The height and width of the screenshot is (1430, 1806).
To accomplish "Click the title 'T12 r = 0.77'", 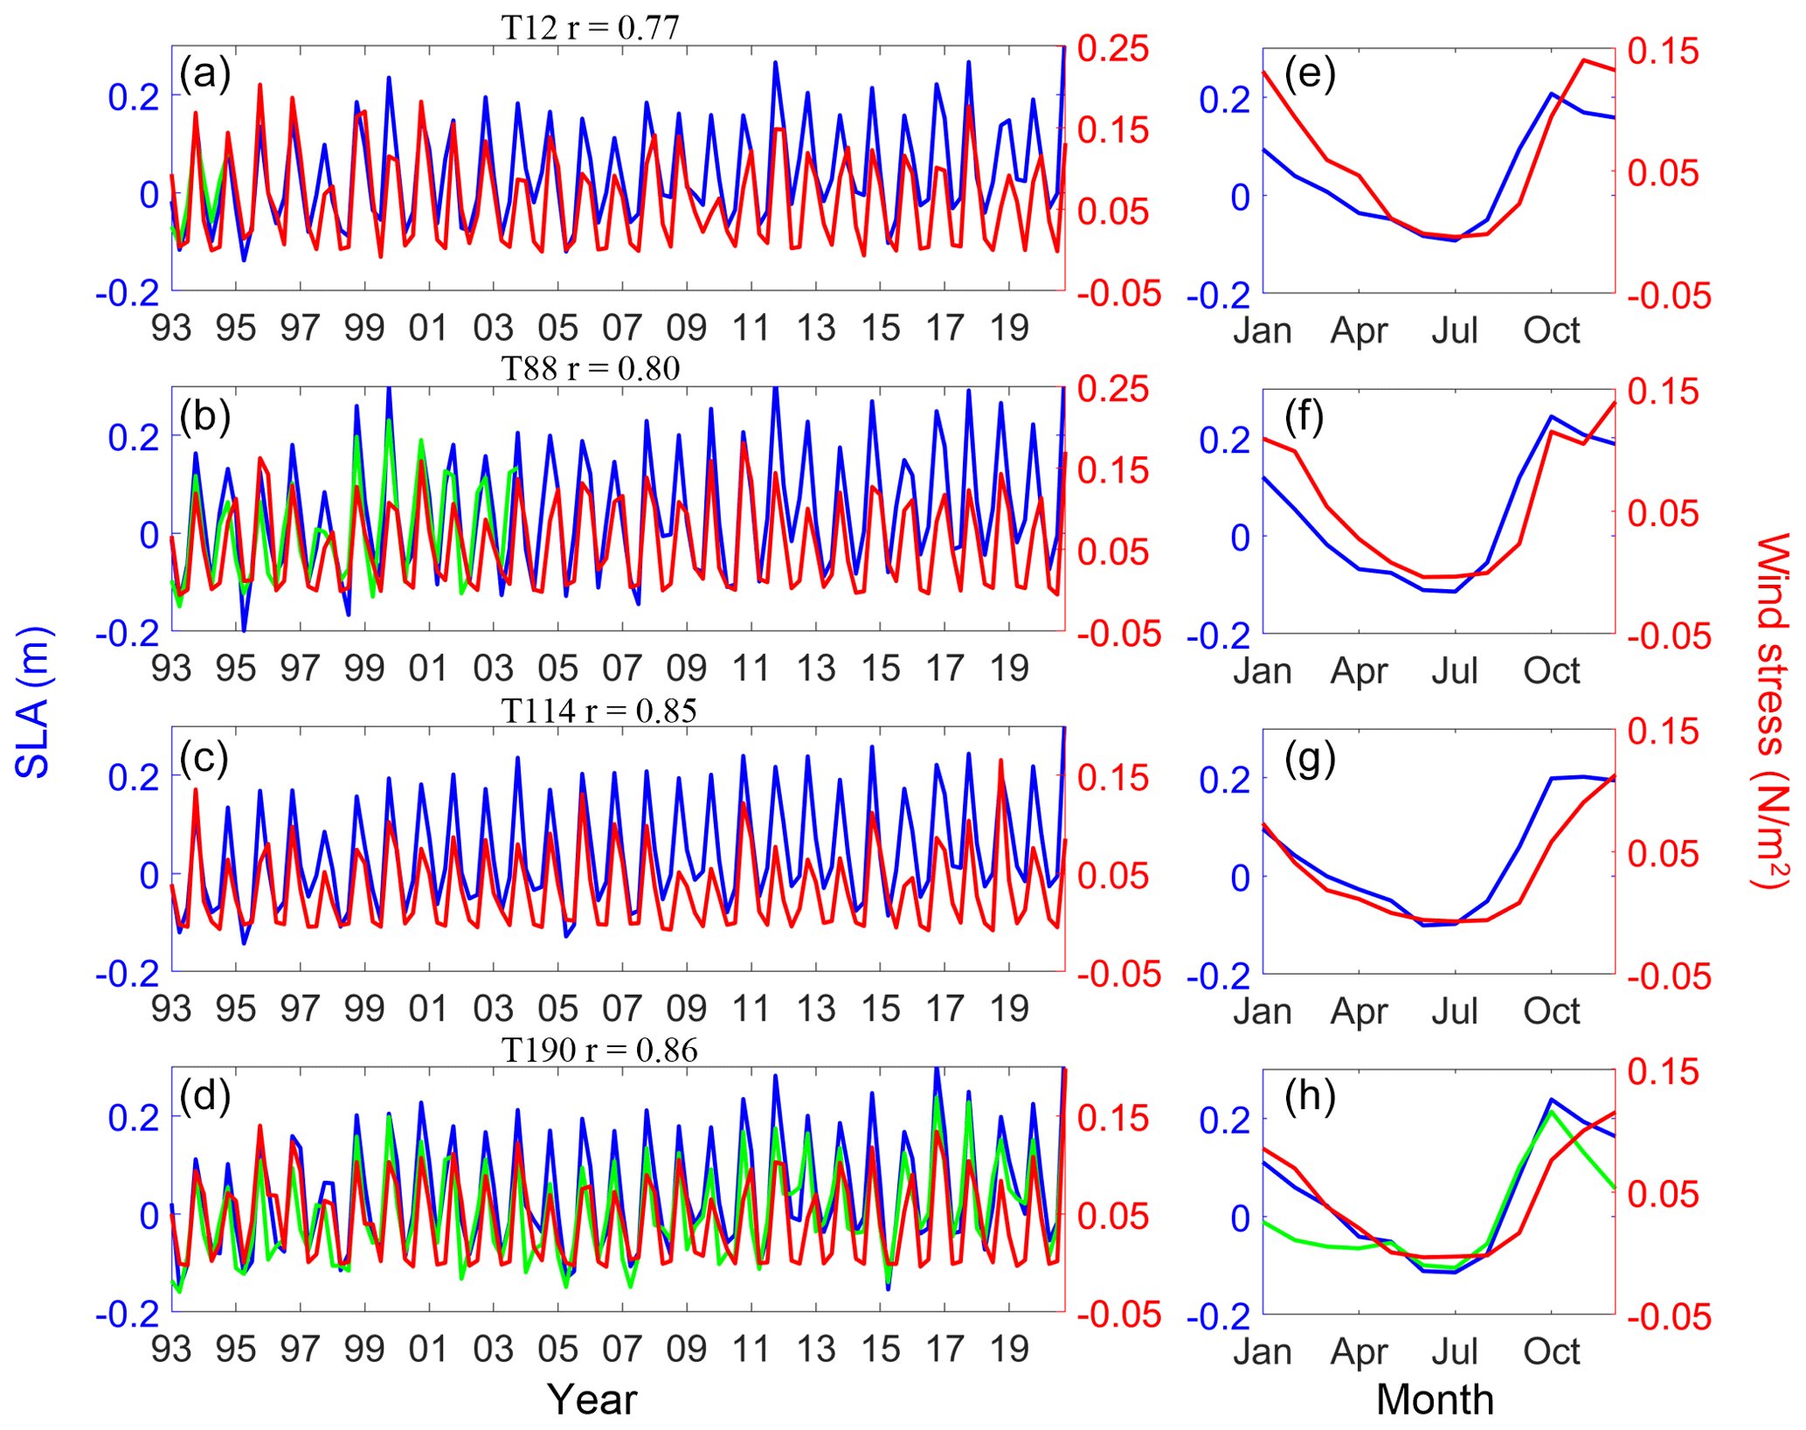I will tap(590, 28).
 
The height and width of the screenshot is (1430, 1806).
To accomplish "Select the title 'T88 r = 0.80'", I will tap(590, 368).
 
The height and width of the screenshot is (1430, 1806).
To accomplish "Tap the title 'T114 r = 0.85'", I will tap(599, 710).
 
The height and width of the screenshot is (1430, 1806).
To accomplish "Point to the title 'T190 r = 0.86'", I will tap(599, 1050).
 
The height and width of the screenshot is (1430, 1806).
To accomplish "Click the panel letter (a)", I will tap(204, 73).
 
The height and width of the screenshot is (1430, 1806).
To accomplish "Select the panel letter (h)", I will tap(1310, 1096).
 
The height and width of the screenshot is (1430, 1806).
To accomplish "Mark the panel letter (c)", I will tap(204, 756).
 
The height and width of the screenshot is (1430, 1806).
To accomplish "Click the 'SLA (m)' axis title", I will tap(33, 702).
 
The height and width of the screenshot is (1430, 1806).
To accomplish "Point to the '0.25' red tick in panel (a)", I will tap(1112, 49).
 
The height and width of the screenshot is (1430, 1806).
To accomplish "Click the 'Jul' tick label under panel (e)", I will tap(1455, 330).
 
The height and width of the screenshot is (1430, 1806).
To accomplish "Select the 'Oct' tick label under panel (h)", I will tap(1552, 1352).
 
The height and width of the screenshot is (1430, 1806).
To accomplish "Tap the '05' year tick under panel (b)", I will tap(557, 669).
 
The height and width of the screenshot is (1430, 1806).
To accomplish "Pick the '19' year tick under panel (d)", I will tap(1009, 1350).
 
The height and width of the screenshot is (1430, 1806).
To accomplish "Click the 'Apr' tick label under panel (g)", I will tap(1359, 1011).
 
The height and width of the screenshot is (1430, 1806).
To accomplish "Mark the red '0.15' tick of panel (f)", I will tap(1663, 392).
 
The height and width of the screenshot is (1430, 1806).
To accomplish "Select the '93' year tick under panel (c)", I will tap(171, 1009).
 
